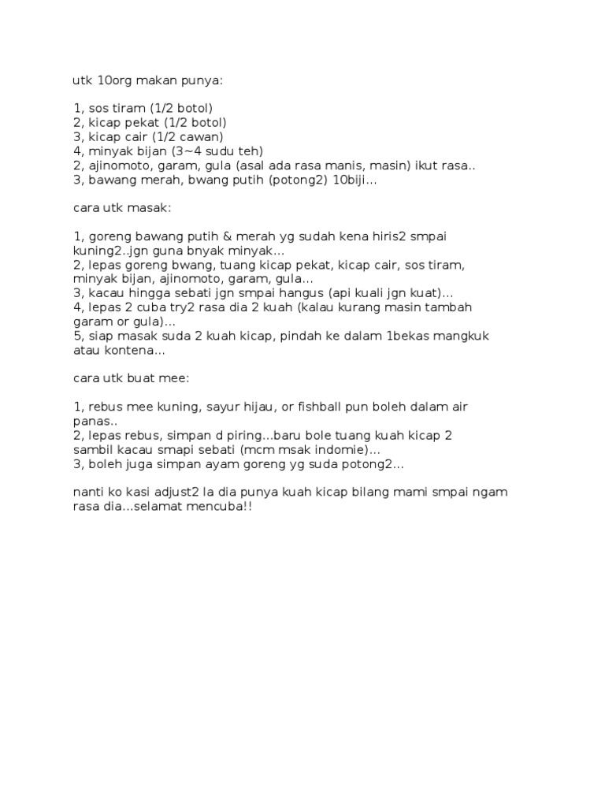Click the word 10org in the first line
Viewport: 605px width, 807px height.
(110, 80)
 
